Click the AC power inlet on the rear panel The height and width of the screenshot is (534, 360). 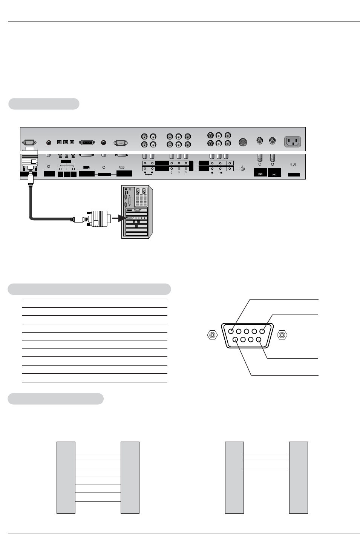(x=293, y=142)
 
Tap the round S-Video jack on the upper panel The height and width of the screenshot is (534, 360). (x=243, y=142)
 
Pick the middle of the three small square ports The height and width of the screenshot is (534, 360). (x=66, y=142)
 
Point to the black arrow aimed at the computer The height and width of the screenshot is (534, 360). (x=119, y=218)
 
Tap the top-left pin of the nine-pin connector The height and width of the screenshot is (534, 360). (x=231, y=331)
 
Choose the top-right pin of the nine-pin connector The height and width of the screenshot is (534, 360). (x=263, y=331)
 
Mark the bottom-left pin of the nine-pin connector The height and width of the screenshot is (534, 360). (x=235, y=339)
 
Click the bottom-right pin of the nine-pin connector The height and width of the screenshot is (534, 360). (x=259, y=339)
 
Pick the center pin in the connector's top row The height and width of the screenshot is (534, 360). (x=247, y=331)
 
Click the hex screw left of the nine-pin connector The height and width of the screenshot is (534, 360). (x=213, y=335)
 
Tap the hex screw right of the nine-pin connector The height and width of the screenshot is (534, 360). (x=282, y=335)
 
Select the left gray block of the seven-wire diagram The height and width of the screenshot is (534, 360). (x=66, y=477)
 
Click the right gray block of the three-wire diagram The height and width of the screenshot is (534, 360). (x=298, y=477)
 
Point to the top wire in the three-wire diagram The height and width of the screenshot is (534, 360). (x=266, y=453)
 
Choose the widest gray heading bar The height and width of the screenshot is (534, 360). (x=89, y=289)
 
